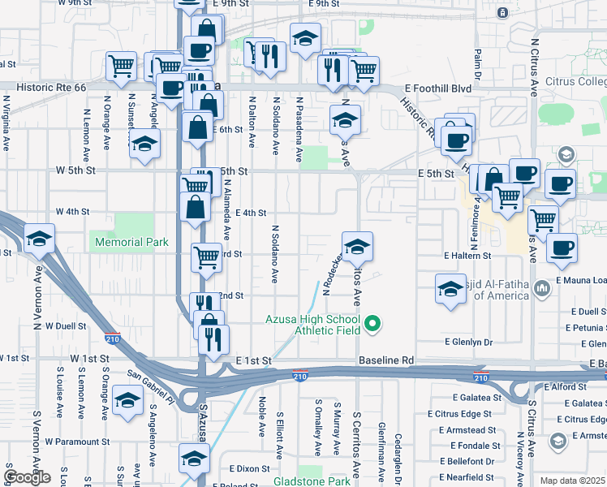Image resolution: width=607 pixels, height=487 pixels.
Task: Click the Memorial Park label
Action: point(131,242)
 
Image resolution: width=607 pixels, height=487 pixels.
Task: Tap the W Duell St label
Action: point(66,325)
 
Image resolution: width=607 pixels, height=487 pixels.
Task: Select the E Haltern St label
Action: point(467,255)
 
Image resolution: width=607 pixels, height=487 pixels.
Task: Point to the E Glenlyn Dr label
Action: point(466,343)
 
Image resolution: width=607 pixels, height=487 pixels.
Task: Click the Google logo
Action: point(27,477)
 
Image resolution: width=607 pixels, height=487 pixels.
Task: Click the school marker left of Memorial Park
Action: point(38,239)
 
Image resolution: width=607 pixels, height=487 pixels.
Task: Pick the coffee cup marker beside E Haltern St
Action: point(561,249)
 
